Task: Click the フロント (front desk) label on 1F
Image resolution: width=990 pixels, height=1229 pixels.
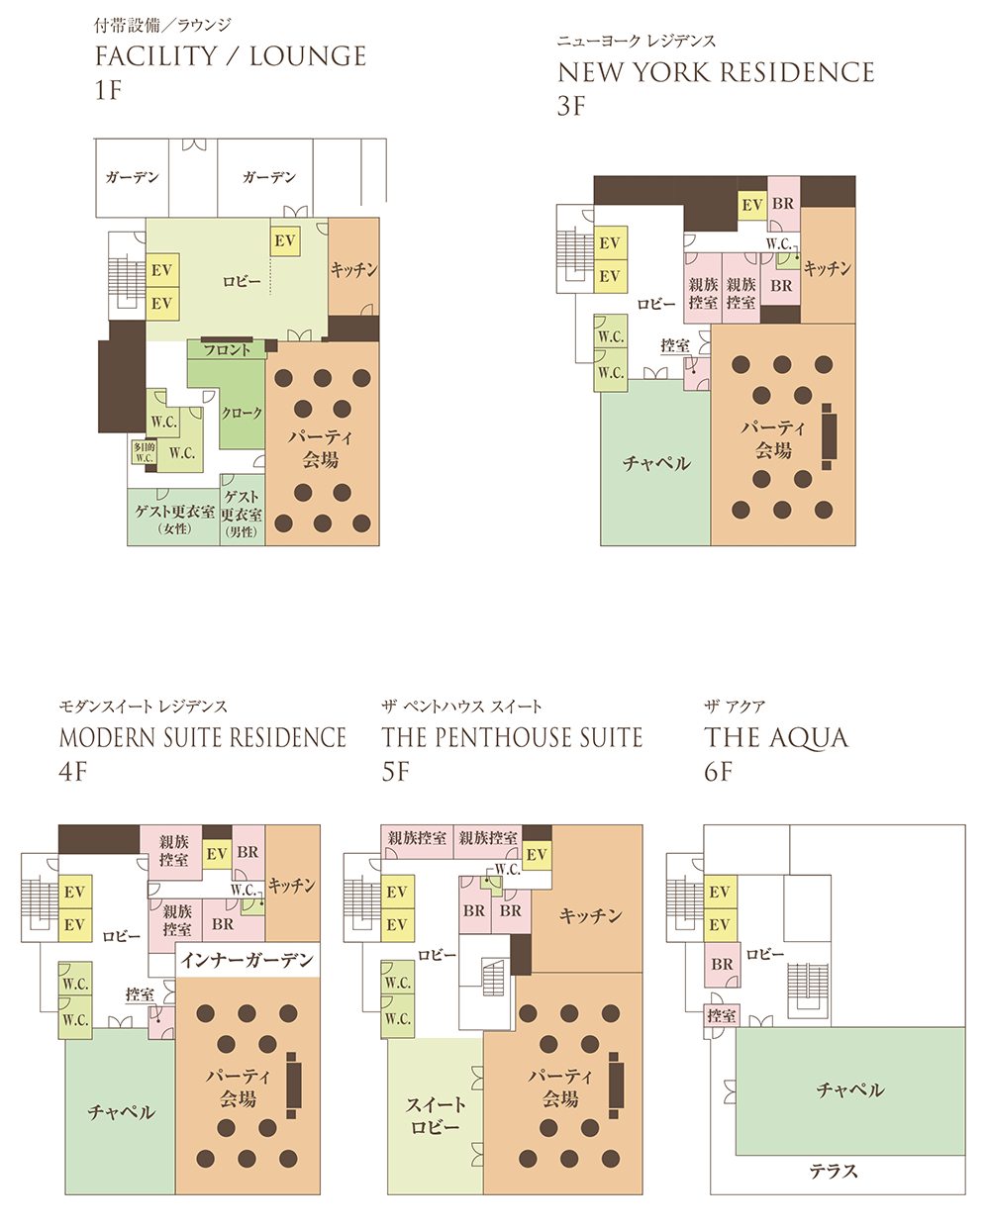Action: click(227, 349)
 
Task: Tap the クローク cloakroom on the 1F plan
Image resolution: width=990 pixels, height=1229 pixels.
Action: click(242, 412)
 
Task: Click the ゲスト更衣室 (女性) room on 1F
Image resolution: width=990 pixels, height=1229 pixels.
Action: click(174, 517)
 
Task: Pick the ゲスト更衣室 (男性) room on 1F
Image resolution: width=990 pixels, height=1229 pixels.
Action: click(243, 510)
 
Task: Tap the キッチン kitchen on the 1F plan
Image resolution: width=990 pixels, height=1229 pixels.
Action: click(353, 267)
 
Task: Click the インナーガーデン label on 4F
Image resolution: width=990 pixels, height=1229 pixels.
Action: click(247, 960)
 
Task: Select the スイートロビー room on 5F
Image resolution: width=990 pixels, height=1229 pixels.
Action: click(436, 1116)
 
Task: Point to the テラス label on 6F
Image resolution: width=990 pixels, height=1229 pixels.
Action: click(834, 1172)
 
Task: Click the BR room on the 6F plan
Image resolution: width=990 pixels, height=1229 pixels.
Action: click(722, 965)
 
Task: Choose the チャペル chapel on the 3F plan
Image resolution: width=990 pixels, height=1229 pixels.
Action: click(655, 462)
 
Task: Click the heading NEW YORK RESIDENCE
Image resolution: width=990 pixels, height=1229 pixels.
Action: click(716, 72)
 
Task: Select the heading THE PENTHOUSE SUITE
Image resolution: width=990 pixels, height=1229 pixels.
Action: click(512, 737)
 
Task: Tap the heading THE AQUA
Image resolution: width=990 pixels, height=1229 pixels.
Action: click(776, 738)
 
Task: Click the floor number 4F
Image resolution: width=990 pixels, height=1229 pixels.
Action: click(72, 772)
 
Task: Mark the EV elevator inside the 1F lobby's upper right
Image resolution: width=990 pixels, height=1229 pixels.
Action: click(285, 241)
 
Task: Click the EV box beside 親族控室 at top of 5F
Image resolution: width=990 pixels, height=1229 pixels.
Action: click(537, 855)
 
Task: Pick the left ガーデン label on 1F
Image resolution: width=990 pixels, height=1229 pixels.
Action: click(132, 177)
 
